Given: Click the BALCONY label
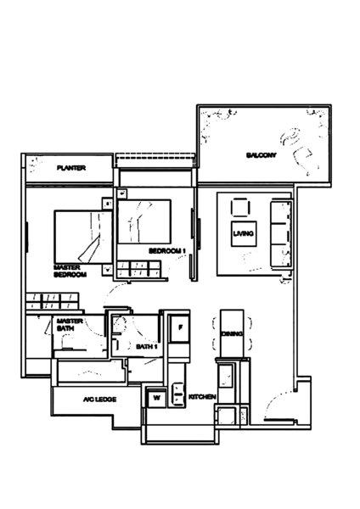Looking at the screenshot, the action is pos(262,155).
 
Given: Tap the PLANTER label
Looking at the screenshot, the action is pos(71,168).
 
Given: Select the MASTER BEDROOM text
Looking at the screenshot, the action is pos(70,271).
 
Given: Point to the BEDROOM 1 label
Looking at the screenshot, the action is pos(167,251).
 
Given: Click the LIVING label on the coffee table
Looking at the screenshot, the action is pos(244,233).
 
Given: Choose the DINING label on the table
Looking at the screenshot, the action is pos(232,333).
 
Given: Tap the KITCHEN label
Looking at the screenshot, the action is pos(202,397).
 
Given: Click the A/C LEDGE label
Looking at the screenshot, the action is pos(99,400).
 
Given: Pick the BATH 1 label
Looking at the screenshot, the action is pos(147,347).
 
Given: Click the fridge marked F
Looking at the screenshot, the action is pos(179,328).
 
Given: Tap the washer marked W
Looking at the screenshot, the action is pos(156,398).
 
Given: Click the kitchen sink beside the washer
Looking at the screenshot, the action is pos(177,394).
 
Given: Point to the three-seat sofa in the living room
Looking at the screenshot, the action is pos(281,234).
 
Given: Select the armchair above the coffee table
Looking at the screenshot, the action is pos(240,208).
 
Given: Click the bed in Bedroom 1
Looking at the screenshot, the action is pos(144,221).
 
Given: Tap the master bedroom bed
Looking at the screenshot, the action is pos(83,237).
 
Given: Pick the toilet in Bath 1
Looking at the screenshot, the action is pos(118,326).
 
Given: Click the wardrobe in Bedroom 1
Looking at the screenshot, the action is pos(138,269).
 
